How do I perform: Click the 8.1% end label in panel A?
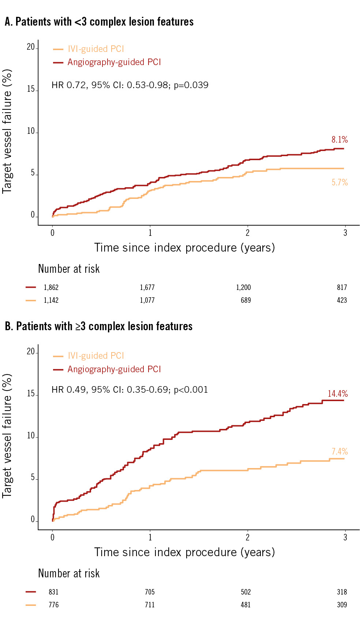(x=340, y=140)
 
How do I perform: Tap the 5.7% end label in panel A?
(x=340, y=182)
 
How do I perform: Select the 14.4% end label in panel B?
(x=337, y=394)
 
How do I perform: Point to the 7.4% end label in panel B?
(x=340, y=452)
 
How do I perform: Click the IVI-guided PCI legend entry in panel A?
(x=96, y=49)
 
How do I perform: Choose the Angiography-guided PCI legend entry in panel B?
(x=114, y=369)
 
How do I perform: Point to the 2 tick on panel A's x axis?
(x=248, y=233)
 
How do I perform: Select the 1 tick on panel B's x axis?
(x=150, y=538)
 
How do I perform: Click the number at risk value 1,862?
(x=51, y=287)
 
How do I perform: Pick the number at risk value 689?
(x=245, y=300)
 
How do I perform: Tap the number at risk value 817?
(x=342, y=287)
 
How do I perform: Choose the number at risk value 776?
(x=53, y=605)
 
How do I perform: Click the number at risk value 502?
(x=245, y=592)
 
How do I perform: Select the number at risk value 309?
(x=342, y=605)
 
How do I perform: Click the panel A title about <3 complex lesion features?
(x=99, y=22)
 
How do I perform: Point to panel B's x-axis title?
(x=184, y=552)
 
